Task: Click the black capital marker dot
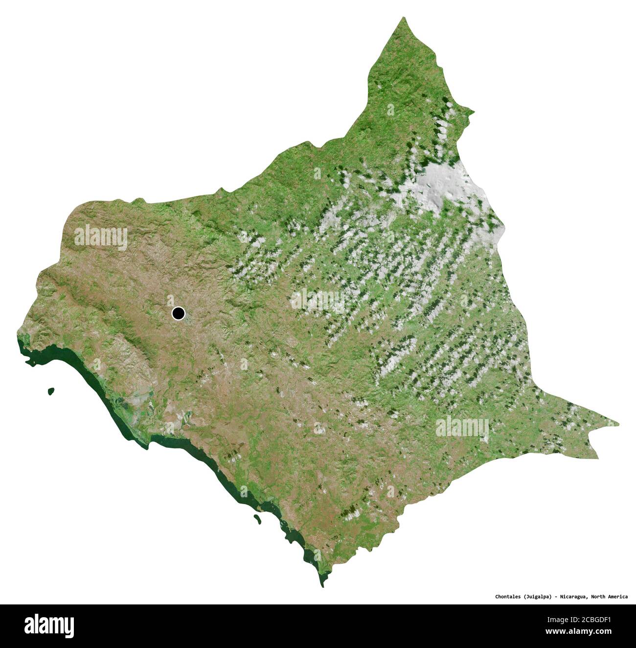coord(178,313)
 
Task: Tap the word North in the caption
coord(601,597)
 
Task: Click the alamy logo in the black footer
coord(49,626)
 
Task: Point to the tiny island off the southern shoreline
coord(256,518)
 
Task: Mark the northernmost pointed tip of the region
coord(404,18)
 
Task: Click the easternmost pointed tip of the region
coord(618,424)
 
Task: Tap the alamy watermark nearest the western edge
coord(101,237)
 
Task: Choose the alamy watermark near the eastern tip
coord(462,427)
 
